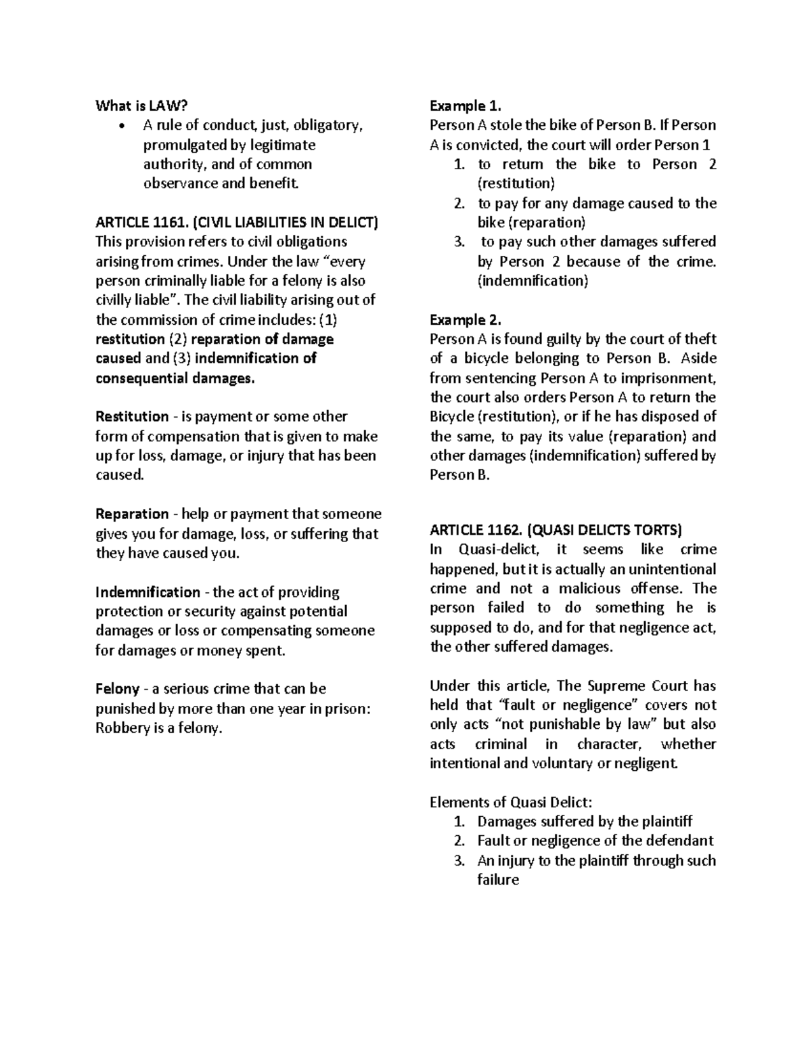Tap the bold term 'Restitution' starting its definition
coord(132,416)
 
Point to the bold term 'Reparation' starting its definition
coord(132,514)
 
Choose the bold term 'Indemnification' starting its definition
coord(148,592)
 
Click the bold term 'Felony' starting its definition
coord(117,689)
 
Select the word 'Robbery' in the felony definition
coord(121,728)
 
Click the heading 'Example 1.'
coord(466,106)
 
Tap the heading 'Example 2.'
coord(466,319)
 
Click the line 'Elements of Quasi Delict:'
coord(511,802)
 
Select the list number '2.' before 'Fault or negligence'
coord(459,841)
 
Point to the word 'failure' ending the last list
coord(498,880)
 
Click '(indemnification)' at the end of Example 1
coord(533,281)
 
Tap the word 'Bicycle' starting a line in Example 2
coord(452,416)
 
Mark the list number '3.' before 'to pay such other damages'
coord(459,242)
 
